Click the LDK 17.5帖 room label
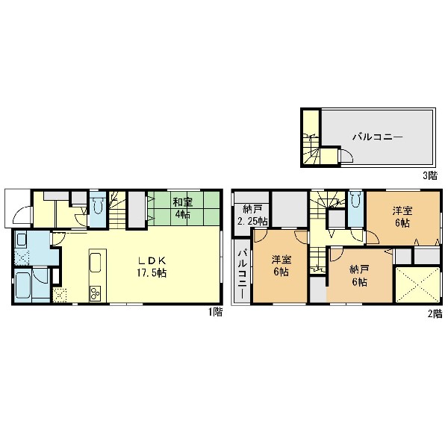point(152,266)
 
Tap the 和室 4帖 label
point(183,208)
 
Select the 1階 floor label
point(215,312)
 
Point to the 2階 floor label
point(435,314)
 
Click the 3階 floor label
point(430,175)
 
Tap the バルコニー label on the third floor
point(377,137)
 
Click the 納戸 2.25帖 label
point(252,216)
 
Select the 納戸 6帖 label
point(359,275)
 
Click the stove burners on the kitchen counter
point(95,293)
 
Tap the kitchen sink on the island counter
point(96,262)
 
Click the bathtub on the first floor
point(23,284)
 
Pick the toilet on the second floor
point(355,200)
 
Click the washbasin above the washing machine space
point(22,240)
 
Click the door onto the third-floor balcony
point(345,156)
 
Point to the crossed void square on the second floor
point(417,284)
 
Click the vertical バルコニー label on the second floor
point(242,274)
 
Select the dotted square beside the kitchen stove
point(60,296)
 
